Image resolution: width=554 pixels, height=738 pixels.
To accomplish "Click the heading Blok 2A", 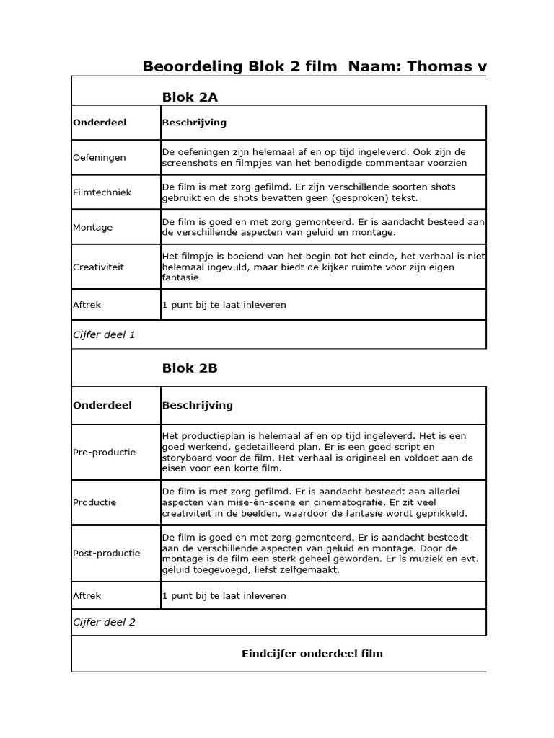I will (190, 97).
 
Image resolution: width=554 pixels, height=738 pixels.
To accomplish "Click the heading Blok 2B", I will (190, 368).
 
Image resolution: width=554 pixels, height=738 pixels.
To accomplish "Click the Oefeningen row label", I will (100, 157).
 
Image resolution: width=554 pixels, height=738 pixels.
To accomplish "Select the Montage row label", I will (93, 227).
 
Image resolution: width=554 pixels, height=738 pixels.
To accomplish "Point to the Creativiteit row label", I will (99, 267).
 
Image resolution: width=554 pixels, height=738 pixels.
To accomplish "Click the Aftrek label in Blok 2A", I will (87, 305).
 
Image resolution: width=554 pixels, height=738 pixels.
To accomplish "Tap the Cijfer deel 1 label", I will (104, 334).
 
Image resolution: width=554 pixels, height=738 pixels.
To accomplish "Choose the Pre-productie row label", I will (105, 453).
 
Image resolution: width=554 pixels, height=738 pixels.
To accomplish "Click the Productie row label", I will (94, 502).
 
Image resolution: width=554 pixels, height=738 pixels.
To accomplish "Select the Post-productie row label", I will (107, 553).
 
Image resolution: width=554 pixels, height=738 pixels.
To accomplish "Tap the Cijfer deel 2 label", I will (104, 622).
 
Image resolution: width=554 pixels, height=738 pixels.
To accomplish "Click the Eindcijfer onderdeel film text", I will (312, 654).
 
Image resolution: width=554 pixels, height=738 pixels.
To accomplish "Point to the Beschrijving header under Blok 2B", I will (198, 405).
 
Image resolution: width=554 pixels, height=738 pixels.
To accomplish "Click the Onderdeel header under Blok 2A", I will (100, 123).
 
